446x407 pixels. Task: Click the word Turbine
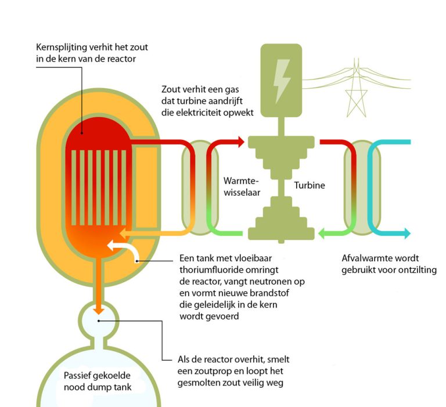click(310, 186)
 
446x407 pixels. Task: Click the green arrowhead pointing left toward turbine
click(323, 233)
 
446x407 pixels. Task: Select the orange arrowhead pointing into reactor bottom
click(123, 233)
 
